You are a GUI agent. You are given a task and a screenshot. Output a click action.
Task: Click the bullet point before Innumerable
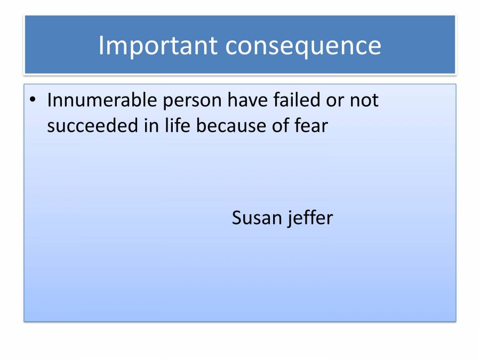[x=33, y=100]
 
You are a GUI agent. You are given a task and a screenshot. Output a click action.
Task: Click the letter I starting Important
[x=101, y=46]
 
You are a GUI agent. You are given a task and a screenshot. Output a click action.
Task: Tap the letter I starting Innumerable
[x=50, y=100]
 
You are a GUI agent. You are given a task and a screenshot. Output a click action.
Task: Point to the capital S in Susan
[x=237, y=218]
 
